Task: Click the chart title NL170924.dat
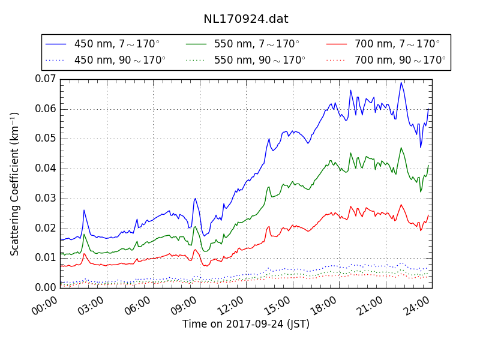[245, 19]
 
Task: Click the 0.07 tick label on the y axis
[45, 79]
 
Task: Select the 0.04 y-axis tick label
[45, 168]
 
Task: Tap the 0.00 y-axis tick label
[45, 287]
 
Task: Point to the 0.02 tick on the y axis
[45, 228]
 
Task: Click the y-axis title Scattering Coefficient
[15, 184]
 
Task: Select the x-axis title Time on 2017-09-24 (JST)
[246, 324]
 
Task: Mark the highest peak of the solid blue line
[401, 83]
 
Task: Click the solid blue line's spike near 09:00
[195, 199]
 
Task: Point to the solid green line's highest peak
[401, 148]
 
